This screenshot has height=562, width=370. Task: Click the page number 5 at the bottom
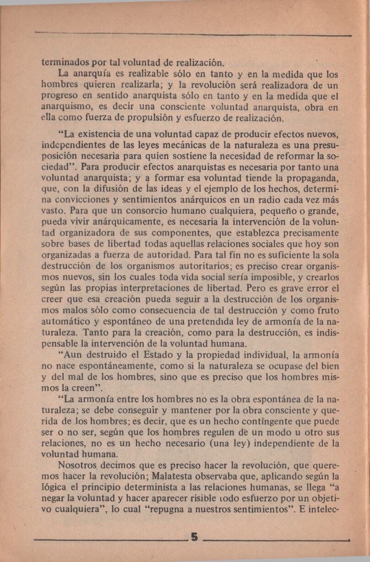pos(194,537)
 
